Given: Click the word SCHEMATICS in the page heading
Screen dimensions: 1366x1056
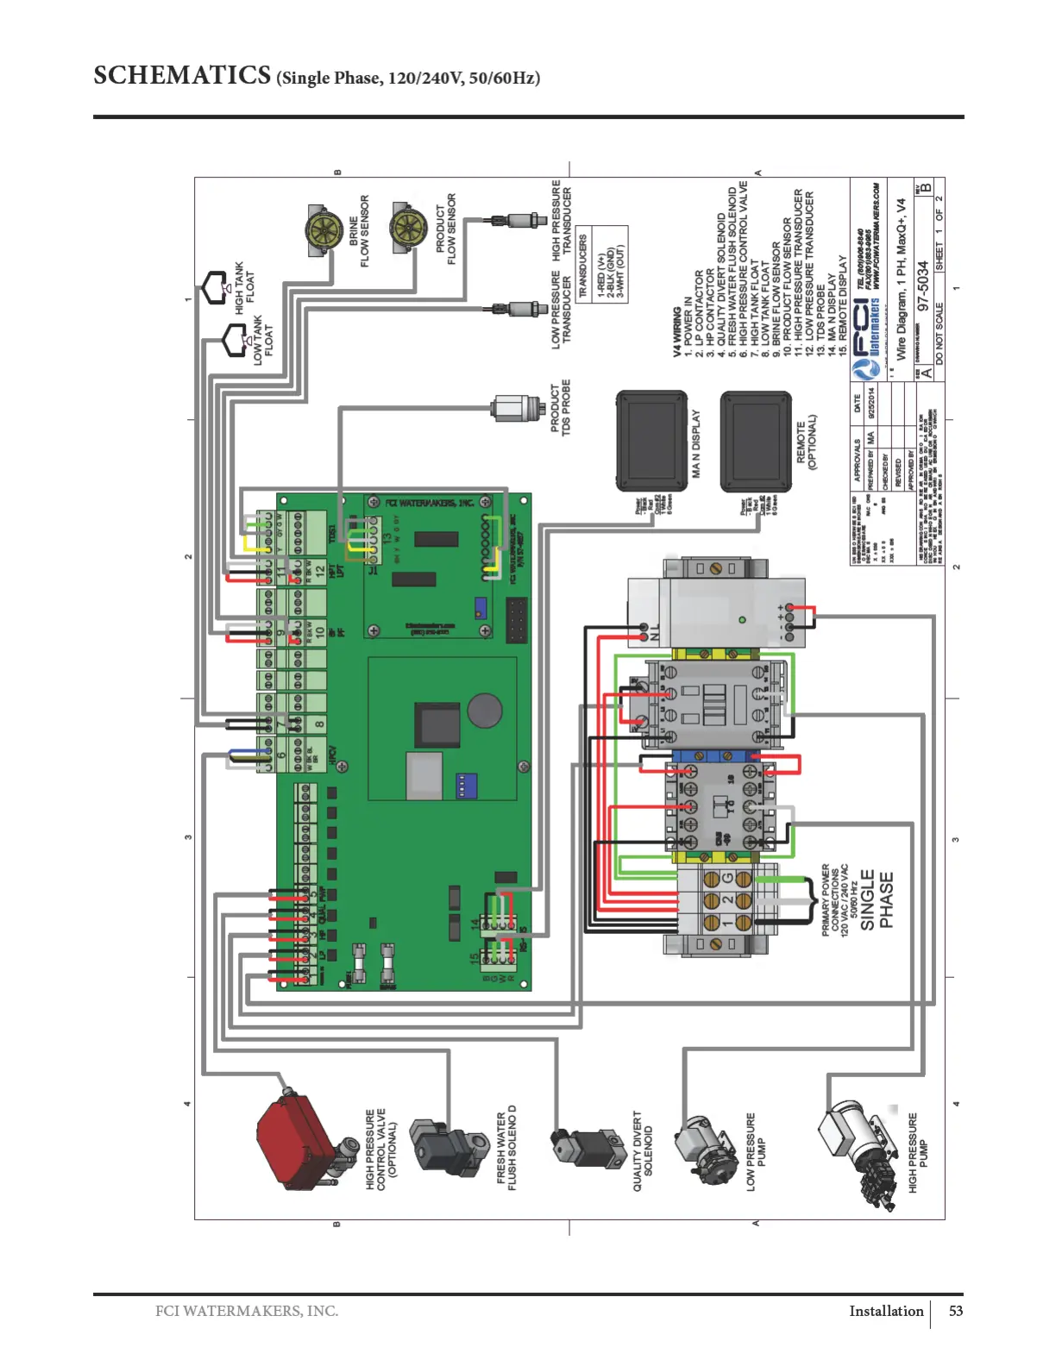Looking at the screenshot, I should coord(182,76).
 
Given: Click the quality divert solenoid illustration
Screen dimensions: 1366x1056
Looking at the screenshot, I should coord(587,1146).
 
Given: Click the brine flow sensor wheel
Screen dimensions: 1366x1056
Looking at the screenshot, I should coord(324,229).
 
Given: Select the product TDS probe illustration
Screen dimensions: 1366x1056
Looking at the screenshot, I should coord(515,408).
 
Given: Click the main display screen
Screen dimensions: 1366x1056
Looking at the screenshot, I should coord(651,441).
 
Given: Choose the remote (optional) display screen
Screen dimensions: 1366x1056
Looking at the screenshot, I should coord(756,441).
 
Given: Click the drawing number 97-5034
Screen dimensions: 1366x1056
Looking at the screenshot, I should coord(923,285).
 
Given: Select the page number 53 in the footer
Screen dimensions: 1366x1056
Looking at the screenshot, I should coord(956,1311).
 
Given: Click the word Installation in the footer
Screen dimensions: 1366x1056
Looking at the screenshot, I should coord(886,1311).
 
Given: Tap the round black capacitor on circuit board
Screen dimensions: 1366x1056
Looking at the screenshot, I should coord(485,710).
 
